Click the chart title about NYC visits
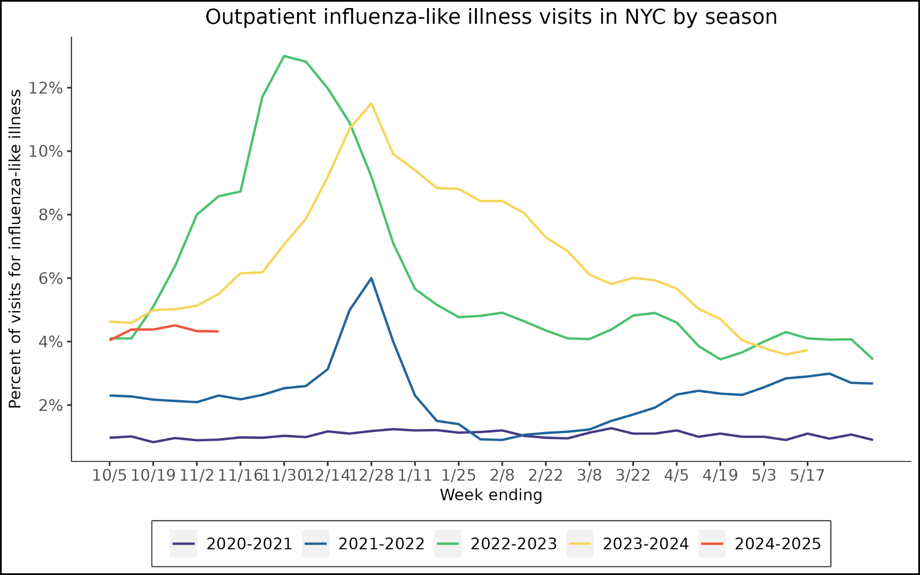click(x=491, y=17)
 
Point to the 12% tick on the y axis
click(x=45, y=88)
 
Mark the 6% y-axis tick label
click(x=50, y=278)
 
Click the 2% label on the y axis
click(x=50, y=406)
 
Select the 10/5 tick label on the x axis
click(x=109, y=475)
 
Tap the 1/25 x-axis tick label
click(x=458, y=475)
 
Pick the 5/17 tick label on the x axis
click(x=807, y=475)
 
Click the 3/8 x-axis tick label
click(x=589, y=475)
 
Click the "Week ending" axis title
click(x=491, y=495)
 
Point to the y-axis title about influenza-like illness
click(x=15, y=249)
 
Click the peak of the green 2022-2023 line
click(x=284, y=56)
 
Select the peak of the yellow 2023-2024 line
click(x=371, y=104)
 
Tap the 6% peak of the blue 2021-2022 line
click(x=371, y=278)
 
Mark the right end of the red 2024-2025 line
click(x=218, y=331)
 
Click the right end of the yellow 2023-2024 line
click(x=807, y=350)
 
